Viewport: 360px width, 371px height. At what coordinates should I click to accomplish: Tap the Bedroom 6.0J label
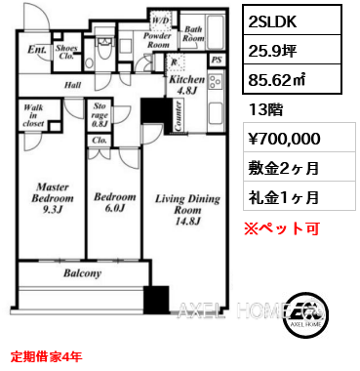(x=113, y=203)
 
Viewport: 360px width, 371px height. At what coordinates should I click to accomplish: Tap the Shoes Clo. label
(x=68, y=53)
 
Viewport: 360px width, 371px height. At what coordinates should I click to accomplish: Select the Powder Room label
(x=157, y=43)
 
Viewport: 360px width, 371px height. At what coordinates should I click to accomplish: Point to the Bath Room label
(x=193, y=36)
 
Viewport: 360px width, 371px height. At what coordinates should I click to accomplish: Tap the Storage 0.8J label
(x=100, y=119)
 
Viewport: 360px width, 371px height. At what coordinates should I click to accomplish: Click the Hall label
(x=74, y=86)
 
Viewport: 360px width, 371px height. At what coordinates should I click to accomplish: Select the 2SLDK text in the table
(x=270, y=20)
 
